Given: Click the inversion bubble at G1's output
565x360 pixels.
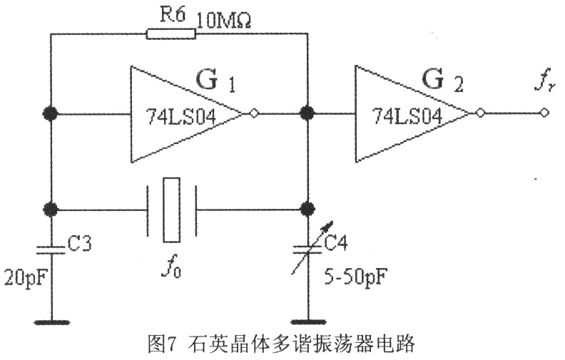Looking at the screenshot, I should click(x=253, y=113).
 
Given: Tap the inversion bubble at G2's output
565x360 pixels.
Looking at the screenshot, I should click(x=480, y=113).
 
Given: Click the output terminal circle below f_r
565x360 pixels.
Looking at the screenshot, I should click(x=544, y=113).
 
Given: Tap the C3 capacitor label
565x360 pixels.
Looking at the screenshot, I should click(x=80, y=246).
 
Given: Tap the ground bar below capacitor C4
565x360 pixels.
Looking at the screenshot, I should click(x=308, y=321).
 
